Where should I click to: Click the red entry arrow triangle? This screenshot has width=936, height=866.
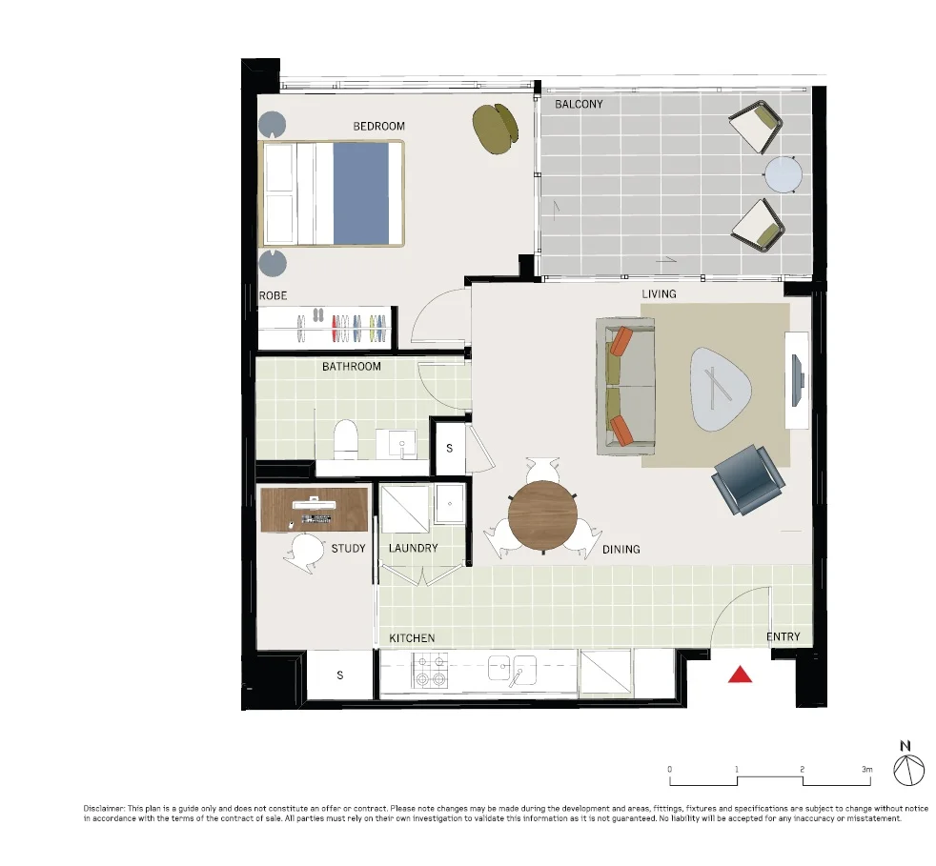pyautogui.click(x=741, y=675)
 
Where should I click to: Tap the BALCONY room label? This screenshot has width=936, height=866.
pyautogui.click(x=579, y=104)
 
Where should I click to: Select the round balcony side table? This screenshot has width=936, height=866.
pyautogui.click(x=783, y=175)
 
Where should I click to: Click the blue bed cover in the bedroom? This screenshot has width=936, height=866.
pyautogui.click(x=360, y=193)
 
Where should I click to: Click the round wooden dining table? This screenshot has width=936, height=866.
pyautogui.click(x=542, y=515)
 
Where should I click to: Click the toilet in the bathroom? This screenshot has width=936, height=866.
pyautogui.click(x=345, y=439)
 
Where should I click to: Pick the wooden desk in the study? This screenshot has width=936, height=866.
pyautogui.click(x=315, y=511)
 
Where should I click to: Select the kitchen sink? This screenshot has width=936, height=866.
pyautogui.click(x=513, y=669)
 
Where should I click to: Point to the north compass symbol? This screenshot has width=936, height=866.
pyautogui.click(x=909, y=768)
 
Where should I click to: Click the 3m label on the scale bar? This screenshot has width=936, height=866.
pyautogui.click(x=866, y=769)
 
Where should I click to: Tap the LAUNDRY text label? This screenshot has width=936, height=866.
pyautogui.click(x=413, y=548)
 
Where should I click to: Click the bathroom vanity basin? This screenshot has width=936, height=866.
pyautogui.click(x=401, y=443)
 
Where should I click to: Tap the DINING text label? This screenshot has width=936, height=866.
pyautogui.click(x=621, y=550)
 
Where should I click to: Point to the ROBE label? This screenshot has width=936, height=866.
pyautogui.click(x=273, y=296)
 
